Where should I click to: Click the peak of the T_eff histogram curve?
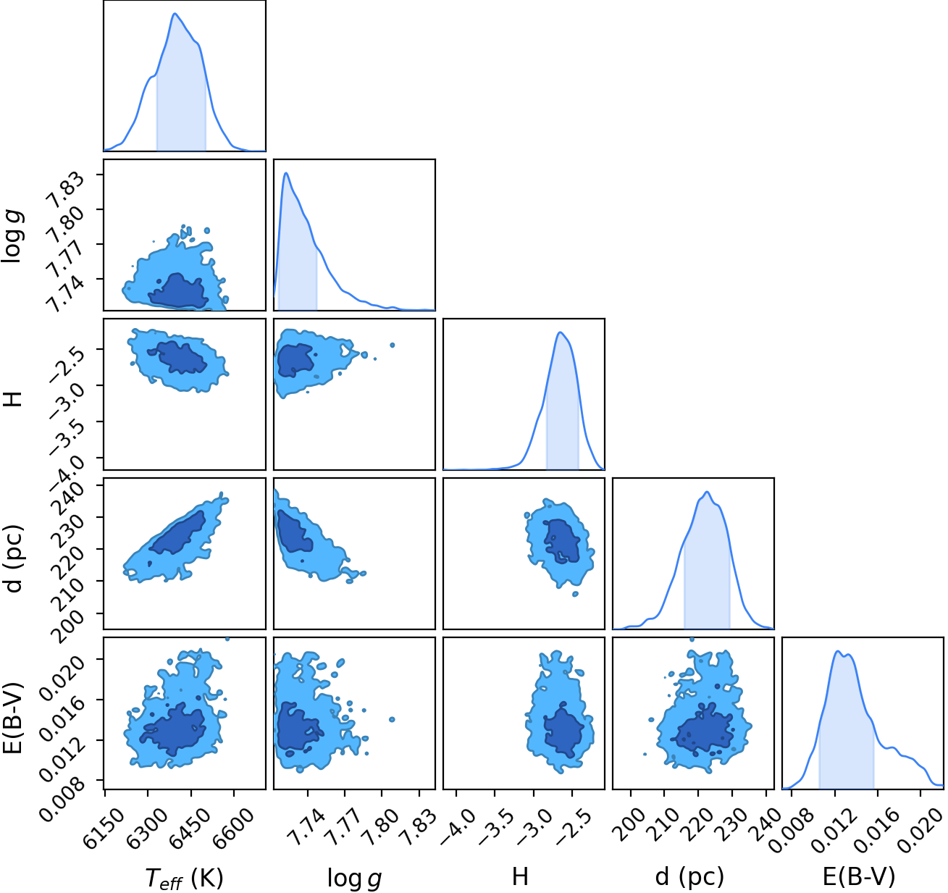click(x=175, y=13)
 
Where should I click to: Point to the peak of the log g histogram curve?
click(x=286, y=173)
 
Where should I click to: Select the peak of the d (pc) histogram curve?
click(x=706, y=491)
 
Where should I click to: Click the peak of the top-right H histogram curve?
click(x=561, y=332)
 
